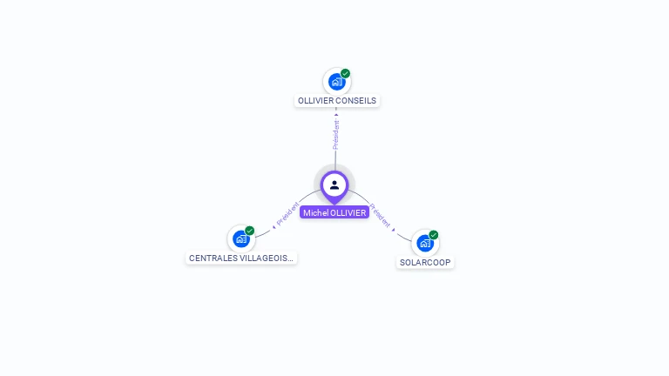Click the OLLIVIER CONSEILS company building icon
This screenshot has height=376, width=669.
coord(336,82)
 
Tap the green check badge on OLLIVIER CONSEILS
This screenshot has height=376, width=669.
coord(346,74)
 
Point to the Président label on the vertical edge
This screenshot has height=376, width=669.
coord(336,134)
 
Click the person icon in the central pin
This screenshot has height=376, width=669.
coord(334,185)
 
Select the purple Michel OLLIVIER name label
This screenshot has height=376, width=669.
coord(334,212)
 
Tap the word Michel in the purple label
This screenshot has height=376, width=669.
coord(315,212)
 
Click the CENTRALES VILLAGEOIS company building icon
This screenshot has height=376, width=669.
coord(241,238)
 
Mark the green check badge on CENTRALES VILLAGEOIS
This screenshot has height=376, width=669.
coord(250,231)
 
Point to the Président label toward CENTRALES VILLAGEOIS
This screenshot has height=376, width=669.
coord(288,214)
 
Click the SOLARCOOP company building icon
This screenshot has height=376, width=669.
coord(425,243)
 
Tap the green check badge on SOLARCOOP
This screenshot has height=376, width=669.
coord(434,235)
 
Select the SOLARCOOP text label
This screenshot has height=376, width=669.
coord(426,262)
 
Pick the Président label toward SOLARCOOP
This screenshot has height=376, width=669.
coord(382,216)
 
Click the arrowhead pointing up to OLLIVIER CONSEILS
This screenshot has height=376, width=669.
coord(336,113)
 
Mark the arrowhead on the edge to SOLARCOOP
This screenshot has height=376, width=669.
coord(394,230)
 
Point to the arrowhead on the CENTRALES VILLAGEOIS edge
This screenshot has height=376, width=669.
coord(274,225)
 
